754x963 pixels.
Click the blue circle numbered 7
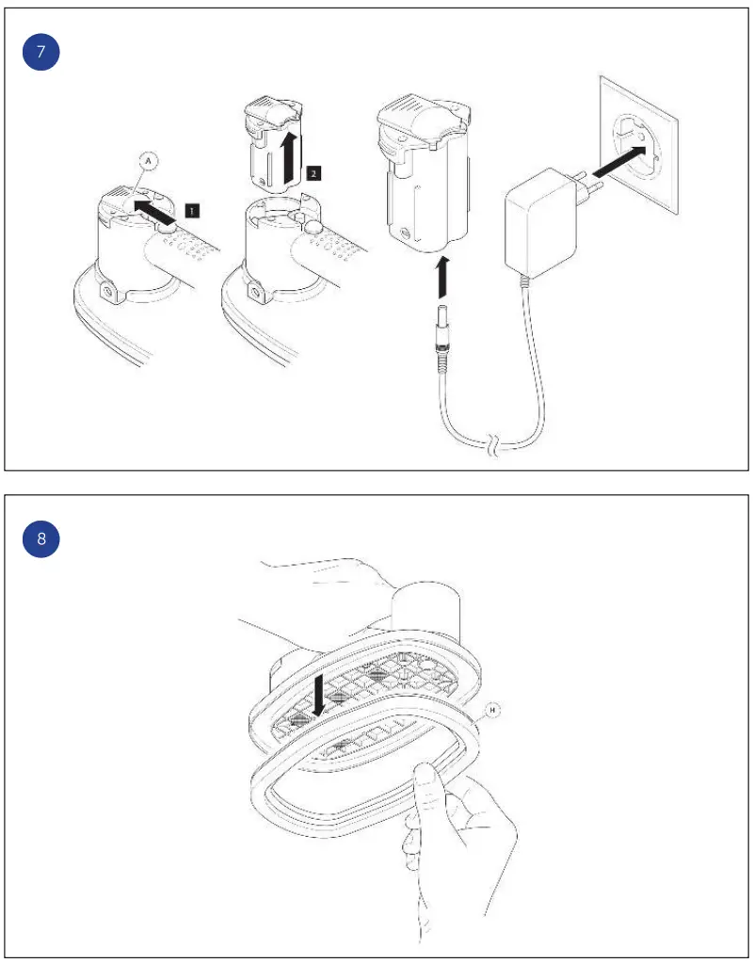coord(40,53)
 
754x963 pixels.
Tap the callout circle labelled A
coord(152,161)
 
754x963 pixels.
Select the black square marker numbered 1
coord(190,212)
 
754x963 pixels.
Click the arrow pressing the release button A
coord(154,204)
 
